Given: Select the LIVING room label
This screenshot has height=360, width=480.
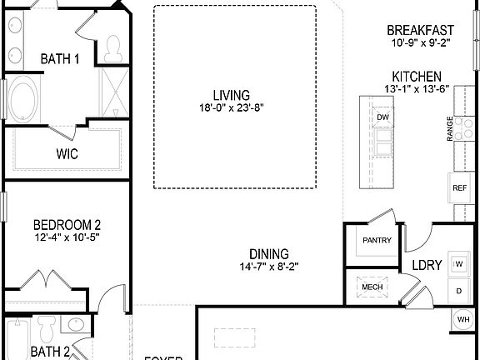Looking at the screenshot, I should click(x=231, y=95).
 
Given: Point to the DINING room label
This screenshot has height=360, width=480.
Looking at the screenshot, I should click(x=269, y=254).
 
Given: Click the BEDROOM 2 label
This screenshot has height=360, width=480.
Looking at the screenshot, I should click(x=67, y=225).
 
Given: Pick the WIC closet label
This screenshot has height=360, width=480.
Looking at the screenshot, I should click(x=67, y=153).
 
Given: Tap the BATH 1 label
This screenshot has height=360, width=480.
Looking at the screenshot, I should click(x=60, y=59).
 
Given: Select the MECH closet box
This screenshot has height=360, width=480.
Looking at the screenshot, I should click(x=372, y=287).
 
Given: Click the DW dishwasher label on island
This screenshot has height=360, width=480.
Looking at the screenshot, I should click(x=383, y=117).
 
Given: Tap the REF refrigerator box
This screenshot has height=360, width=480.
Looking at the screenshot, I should click(x=460, y=188).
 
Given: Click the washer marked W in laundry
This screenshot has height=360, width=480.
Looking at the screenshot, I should click(x=459, y=263).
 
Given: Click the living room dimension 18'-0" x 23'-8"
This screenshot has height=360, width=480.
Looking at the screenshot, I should click(x=231, y=107).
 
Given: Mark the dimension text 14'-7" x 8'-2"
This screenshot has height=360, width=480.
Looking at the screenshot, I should click(x=269, y=267).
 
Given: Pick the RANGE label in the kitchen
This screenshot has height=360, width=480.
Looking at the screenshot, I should click(x=450, y=129).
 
